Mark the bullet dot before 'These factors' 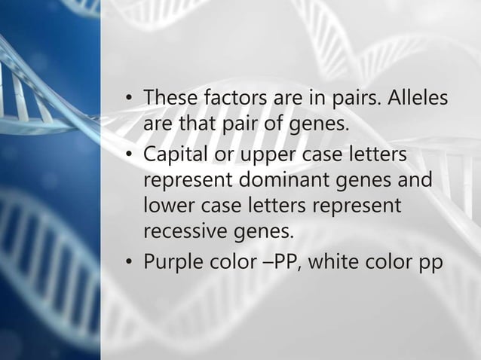130,99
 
